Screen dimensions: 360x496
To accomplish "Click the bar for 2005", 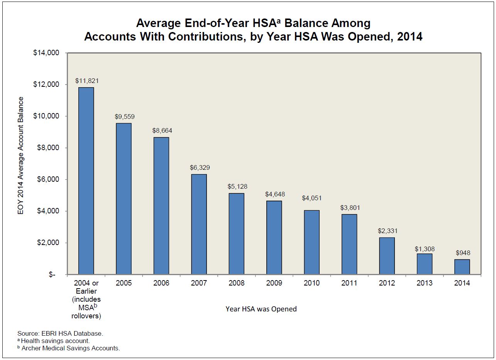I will pyautogui.click(x=124, y=199).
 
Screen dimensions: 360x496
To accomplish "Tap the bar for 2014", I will pyautogui.click(x=462, y=267).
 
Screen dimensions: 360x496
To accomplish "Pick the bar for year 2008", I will pyautogui.click(x=236, y=233).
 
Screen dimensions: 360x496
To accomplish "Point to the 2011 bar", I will pyautogui.click(x=349, y=244).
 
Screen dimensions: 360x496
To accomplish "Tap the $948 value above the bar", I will pyautogui.click(x=463, y=253).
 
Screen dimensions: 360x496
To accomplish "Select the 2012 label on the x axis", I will pyautogui.click(x=387, y=283).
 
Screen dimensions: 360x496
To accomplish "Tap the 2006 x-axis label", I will pyautogui.click(x=161, y=283).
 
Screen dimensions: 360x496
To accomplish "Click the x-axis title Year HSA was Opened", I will pyautogui.click(x=261, y=309).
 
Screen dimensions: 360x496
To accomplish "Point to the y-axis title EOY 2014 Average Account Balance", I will pyautogui.click(x=21, y=156).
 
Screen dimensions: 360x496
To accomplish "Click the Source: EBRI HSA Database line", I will pyautogui.click(x=60, y=333).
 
